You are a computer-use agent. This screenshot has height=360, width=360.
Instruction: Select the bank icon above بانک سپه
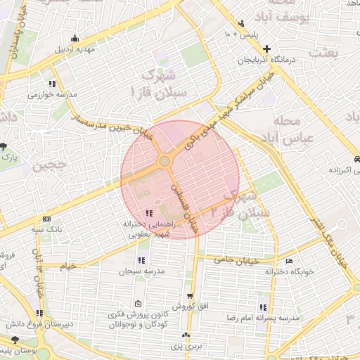click(x=47, y=219)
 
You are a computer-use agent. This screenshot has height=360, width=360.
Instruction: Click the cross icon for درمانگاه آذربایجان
click(x=266, y=49)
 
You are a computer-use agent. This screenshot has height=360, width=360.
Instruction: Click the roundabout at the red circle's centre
click(x=165, y=162)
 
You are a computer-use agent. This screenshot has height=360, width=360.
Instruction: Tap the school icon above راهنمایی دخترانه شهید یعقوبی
click(x=148, y=213)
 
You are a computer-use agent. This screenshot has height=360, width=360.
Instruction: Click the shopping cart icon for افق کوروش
click(x=188, y=296)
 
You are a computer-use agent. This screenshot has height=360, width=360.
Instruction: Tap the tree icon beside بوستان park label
click(x=15, y=340)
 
